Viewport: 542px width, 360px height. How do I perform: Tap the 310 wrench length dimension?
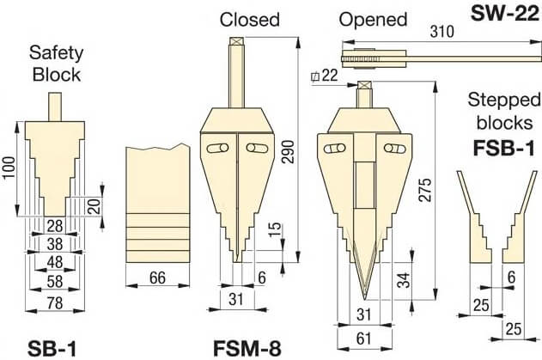pyautogui.click(x=441, y=32)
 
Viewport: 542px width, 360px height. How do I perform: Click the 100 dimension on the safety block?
pyautogui.click(x=9, y=168)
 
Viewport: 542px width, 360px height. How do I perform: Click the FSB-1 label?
pyautogui.click(x=504, y=148)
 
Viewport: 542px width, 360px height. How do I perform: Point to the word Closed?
pyautogui.click(x=250, y=19)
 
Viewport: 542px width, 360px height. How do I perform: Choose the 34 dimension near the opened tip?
pyautogui.click(x=403, y=279)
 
